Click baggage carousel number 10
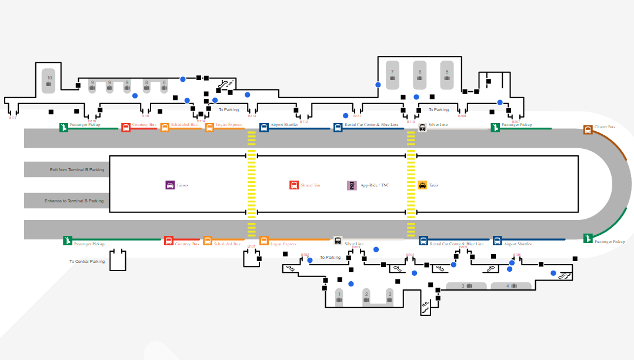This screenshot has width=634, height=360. click(49, 81)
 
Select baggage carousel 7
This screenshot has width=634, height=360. click(392, 75)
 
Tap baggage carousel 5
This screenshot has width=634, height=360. click(447, 75)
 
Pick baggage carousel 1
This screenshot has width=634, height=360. click(339, 296)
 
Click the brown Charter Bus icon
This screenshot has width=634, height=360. click(588, 129)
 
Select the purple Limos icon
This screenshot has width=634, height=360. click(170, 185)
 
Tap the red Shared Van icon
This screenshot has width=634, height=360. click(294, 185)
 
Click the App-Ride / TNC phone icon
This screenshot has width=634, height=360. click(352, 185)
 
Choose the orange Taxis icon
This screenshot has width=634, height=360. click(422, 185)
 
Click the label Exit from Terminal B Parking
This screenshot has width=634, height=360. click(77, 169)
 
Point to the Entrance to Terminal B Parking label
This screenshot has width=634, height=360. click(74, 201)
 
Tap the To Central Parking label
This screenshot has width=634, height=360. click(87, 261)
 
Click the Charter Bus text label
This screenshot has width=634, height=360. click(605, 127)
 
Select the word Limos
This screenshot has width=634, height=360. click(182, 185)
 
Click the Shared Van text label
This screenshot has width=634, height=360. click(311, 185)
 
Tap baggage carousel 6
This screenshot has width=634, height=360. click(419, 75)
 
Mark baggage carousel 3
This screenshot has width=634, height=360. click(466, 286)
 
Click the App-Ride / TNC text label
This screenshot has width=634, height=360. click(375, 185)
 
